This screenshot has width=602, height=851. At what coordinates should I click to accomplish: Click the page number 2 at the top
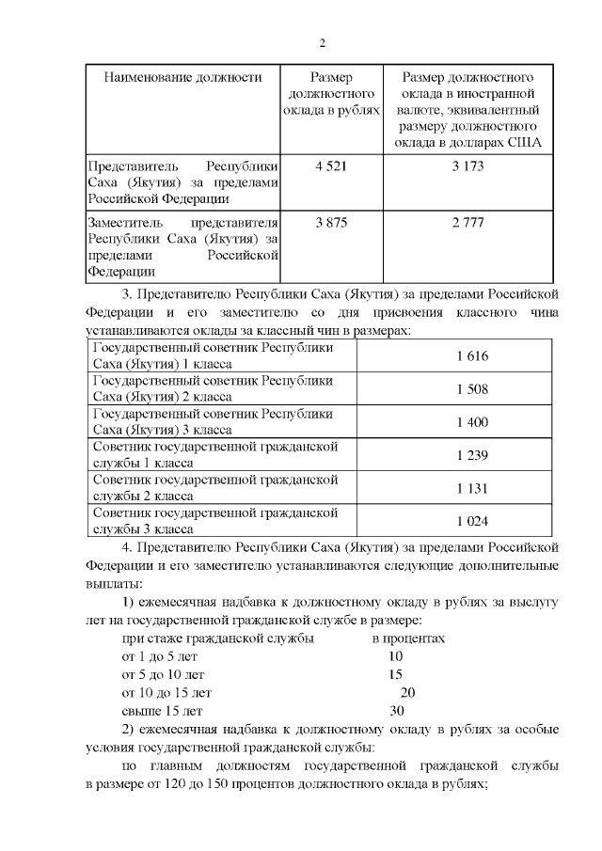[x=322, y=43]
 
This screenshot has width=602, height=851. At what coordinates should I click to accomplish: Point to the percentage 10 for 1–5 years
[x=395, y=656]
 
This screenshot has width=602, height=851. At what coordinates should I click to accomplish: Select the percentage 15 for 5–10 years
[x=395, y=674]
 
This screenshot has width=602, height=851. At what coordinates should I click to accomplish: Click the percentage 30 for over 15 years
[x=396, y=711]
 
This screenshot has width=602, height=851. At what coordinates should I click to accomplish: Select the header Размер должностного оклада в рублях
[x=332, y=94]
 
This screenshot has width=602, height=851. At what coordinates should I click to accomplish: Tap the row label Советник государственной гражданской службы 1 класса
[x=214, y=455]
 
